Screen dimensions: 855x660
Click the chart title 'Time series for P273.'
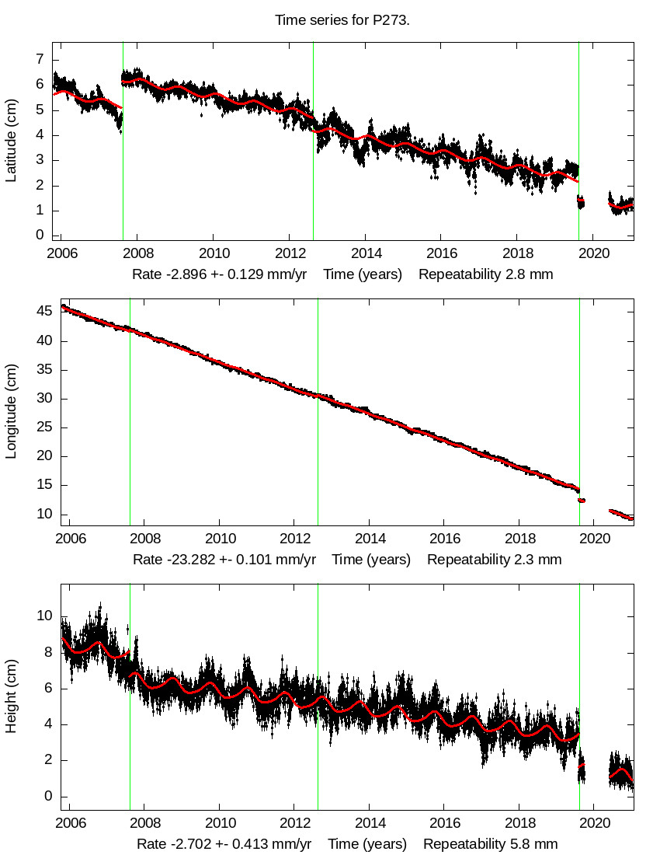342,19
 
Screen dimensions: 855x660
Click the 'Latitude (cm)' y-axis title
12,140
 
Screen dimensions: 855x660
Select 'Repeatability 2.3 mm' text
494,559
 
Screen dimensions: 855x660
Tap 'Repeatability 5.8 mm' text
490,843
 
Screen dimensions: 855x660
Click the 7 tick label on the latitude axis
35,60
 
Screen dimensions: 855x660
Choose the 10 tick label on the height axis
45,616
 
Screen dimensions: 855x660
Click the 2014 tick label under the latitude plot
365,254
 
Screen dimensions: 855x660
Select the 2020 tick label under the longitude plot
594,539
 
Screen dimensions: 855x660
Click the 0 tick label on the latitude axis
35,236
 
